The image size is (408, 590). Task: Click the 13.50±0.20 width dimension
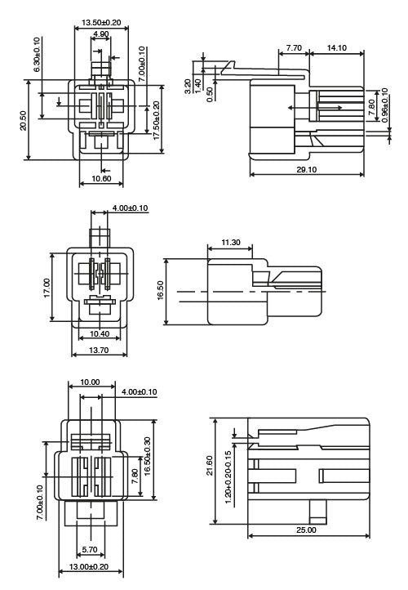[x=101, y=22]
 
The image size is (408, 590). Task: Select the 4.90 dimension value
[x=101, y=34]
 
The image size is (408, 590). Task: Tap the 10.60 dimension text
[x=101, y=177]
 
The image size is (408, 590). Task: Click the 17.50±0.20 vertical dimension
[x=157, y=121]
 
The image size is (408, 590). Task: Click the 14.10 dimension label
[x=335, y=48]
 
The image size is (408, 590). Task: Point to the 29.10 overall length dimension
[x=307, y=169]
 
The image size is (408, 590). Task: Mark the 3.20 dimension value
[x=188, y=83]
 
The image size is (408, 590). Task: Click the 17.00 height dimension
[x=47, y=287]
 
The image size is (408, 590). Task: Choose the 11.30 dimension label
[x=230, y=243]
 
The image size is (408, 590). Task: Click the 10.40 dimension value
[x=100, y=334]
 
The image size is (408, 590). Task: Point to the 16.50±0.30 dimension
[x=148, y=457]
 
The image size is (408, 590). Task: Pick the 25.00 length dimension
[x=306, y=530]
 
